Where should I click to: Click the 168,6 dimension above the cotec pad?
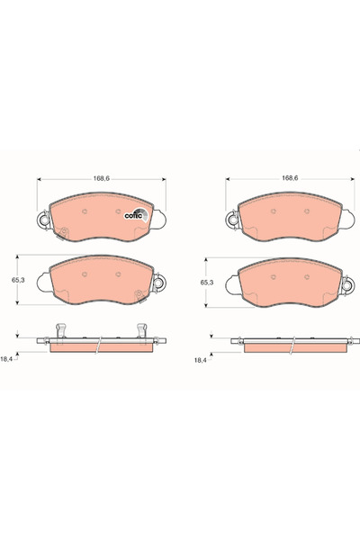[102, 178]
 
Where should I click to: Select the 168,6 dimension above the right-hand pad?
[290, 178]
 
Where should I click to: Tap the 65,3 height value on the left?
[18, 280]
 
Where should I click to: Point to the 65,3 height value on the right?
[207, 283]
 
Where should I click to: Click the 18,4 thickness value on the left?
[6, 359]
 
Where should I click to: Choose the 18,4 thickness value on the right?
[200, 360]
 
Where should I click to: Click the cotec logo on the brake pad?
[136, 215]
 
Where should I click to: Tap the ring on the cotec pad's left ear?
[44, 219]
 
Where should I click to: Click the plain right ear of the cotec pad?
[158, 220]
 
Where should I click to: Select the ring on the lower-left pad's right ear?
[158, 283]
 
